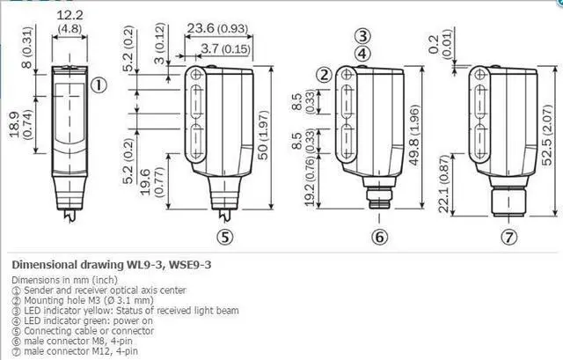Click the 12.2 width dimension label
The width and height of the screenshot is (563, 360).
coord(69,16)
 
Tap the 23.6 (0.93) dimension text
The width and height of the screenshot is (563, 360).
coord(217,28)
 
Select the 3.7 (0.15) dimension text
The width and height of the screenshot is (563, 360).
coord(225,48)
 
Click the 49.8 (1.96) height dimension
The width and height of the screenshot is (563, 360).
coord(414,135)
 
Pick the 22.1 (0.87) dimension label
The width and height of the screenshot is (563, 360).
coord(444,184)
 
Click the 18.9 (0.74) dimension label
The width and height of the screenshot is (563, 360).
coord(20,124)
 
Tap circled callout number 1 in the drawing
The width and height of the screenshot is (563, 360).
coord(99,85)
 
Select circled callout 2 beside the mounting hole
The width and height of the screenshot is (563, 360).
coord(325,75)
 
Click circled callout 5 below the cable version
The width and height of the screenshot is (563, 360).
coord(225,237)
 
